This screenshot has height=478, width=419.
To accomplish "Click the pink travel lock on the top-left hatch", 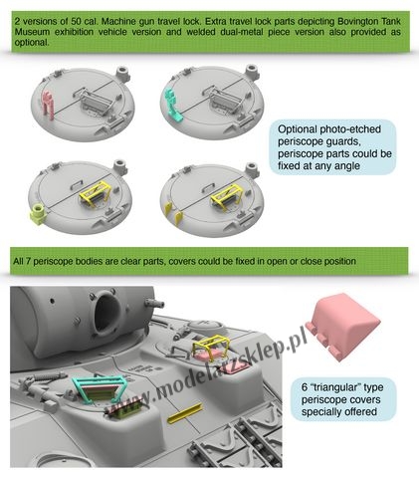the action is coord(49,105).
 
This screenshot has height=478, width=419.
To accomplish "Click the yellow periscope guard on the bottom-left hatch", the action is coord(96,193).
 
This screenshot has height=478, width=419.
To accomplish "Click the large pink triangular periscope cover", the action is coord(343,329).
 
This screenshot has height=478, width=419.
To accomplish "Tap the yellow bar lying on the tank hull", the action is coord(185,413).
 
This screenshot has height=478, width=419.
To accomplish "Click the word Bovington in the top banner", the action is coord(359,22).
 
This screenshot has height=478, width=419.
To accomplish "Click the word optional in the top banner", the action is coord(32,43).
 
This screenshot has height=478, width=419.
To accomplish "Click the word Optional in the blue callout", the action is coord(297,129).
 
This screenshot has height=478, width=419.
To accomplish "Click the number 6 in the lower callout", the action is coord(305,387).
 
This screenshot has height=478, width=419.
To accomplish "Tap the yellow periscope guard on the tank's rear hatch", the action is coord(210,347).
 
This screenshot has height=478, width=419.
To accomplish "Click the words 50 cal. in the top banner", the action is coord(85,22).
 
